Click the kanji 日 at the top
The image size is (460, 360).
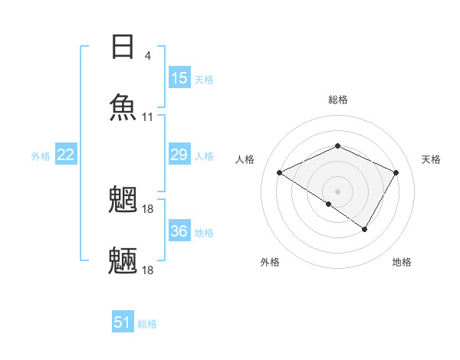[123, 47]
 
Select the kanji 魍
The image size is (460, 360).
[123, 198]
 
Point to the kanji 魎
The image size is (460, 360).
[123, 260]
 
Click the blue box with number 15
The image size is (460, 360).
[179, 78]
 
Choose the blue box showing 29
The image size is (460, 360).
[179, 155]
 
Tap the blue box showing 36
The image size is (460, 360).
[179, 231]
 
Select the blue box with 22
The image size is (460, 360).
[66, 155]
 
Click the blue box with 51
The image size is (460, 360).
[123, 322]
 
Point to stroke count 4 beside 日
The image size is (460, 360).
[147, 56]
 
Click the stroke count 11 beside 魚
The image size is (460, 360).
[147, 117]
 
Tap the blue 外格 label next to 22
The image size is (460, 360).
[41, 156]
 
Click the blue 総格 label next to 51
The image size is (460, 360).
[147, 324]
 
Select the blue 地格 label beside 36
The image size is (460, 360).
[204, 232]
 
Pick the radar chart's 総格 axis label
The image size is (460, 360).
[337, 100]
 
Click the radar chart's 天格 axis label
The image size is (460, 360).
[431, 159]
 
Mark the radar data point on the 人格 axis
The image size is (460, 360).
[280, 172]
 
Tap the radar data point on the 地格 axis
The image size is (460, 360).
[365, 229]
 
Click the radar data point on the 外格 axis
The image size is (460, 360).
[329, 204]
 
